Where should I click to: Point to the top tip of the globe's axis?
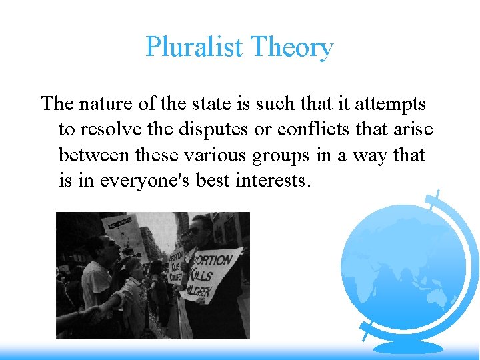pos(437,193)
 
